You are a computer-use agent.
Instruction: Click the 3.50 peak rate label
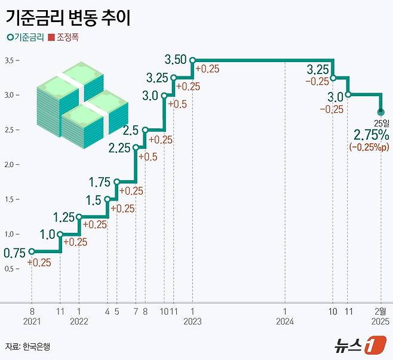[176, 60]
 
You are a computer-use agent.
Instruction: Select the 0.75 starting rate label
[14, 253]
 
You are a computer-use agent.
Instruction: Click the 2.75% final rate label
[371, 134]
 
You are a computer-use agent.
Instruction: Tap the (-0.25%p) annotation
[370, 146]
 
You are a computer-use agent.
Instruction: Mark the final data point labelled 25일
[381, 112]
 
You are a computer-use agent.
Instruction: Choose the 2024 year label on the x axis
[285, 322]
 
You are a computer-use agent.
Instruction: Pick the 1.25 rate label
[64, 217]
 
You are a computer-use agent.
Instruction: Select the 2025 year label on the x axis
[380, 322]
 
